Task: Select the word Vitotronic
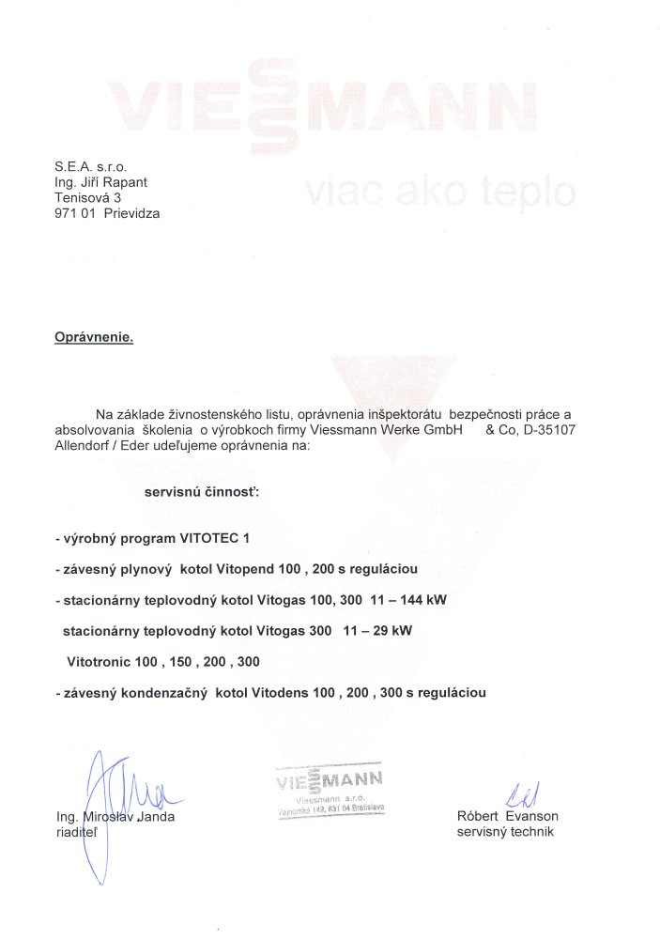[x=99, y=661]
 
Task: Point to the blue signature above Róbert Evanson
[x=517, y=795]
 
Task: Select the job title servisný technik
[x=506, y=833]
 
